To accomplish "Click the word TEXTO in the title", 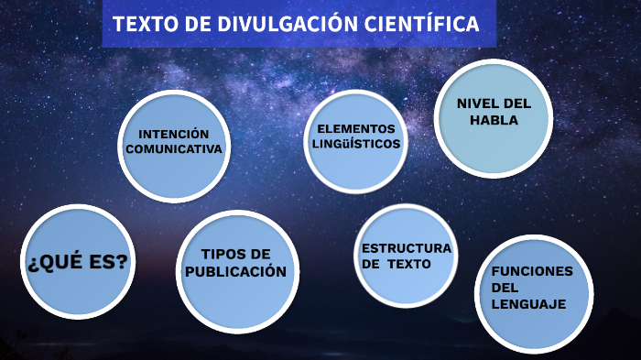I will tap(145, 24).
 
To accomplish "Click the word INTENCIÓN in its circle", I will tap(174, 134).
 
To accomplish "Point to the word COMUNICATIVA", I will tap(174, 148).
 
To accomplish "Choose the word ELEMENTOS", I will tap(355, 129).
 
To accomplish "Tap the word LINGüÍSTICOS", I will tap(355, 144).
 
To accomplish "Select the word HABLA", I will tap(494, 120).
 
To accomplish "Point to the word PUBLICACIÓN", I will tap(235, 271).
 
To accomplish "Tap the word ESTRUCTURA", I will tap(406, 248).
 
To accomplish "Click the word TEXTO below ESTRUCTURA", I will tap(408, 264).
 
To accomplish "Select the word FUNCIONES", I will tap(531, 271).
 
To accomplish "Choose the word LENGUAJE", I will tap(528, 304).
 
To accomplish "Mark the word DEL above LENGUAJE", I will tap(505, 288).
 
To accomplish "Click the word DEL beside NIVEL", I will tap(516, 104).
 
